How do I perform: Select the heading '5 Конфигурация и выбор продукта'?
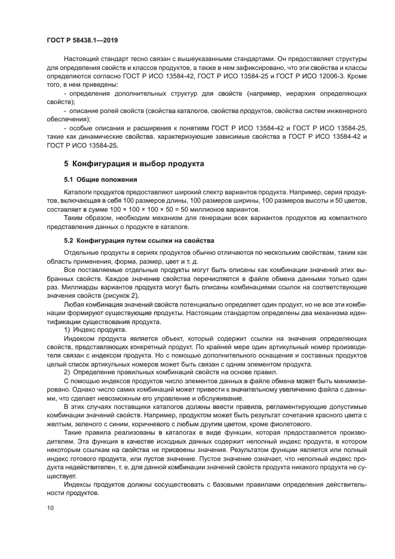134,163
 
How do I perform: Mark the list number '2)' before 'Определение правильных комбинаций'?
67,372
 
